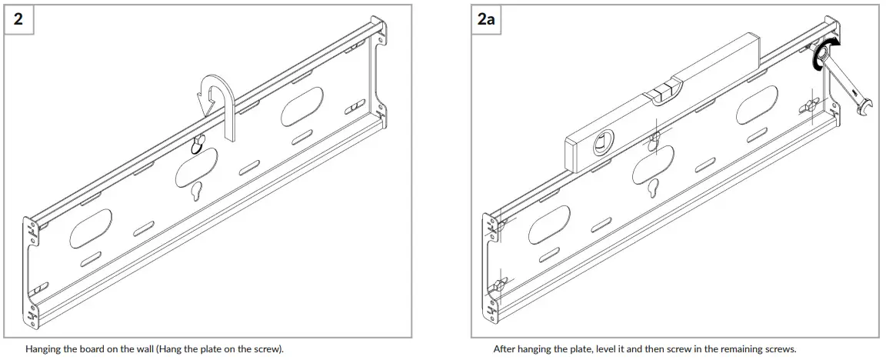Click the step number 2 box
[18, 19]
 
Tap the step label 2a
[486, 19]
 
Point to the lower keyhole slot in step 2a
[654, 188]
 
